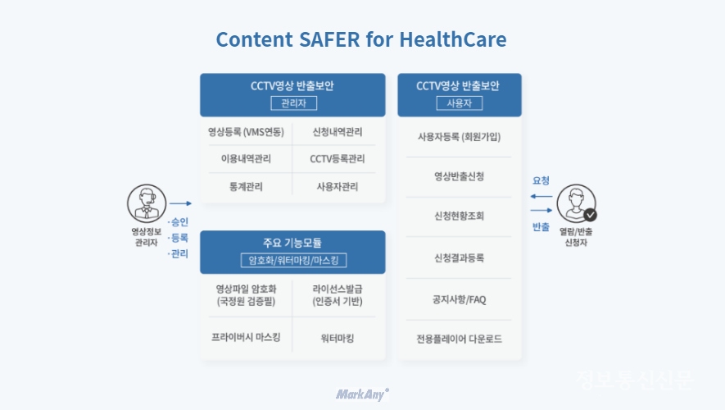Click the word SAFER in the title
(329, 39)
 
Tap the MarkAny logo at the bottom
(362, 394)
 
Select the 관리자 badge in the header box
(293, 103)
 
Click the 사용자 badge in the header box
(459, 103)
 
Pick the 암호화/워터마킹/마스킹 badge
(293, 260)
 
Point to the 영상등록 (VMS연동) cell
(246, 132)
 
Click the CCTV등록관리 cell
(338, 159)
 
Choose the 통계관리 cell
(246, 186)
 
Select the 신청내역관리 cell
(338, 132)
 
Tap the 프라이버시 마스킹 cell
(246, 337)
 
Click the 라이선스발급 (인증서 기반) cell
(338, 295)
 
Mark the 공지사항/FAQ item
(459, 299)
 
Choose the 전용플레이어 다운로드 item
(459, 339)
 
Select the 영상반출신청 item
(459, 176)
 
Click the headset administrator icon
(147, 203)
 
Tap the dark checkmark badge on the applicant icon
(590, 215)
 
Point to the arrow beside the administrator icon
(180, 203)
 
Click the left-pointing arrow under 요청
(541, 196)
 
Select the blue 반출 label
(541, 227)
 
